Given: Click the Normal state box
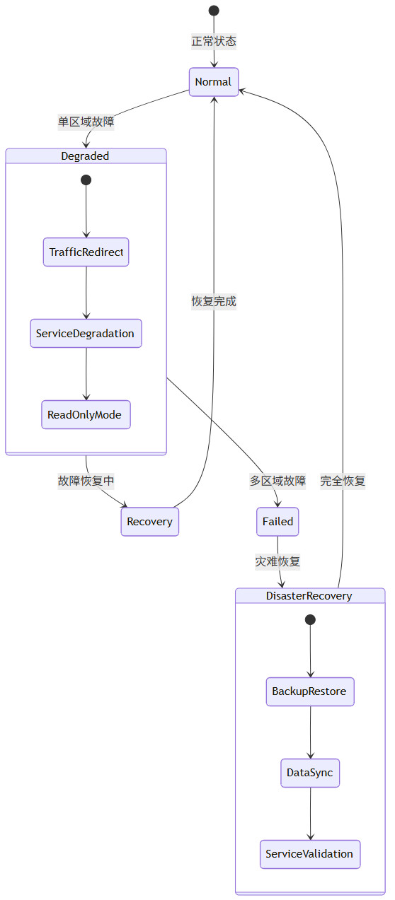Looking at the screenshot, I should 213,82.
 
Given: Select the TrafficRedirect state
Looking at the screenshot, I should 86,252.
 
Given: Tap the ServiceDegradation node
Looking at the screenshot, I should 86,333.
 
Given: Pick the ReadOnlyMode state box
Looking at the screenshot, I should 86,414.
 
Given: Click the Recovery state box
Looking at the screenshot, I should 149,522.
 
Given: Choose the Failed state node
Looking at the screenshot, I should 277,522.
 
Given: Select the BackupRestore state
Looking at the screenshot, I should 309,691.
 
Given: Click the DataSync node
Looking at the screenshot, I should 309,773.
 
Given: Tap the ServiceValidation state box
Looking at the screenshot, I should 309,854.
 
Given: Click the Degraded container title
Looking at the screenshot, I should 86,156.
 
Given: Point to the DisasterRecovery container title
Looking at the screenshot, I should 309,596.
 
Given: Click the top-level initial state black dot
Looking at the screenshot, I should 214,11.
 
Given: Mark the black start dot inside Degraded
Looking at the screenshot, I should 86,180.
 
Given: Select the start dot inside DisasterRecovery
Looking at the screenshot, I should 310,619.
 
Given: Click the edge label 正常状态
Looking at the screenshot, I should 214,41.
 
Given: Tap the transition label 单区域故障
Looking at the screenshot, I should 86,122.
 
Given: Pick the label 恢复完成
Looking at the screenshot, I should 214,301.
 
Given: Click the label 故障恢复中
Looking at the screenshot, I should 86,481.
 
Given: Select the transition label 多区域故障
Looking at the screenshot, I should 277,481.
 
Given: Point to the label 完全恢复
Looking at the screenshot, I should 343,481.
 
